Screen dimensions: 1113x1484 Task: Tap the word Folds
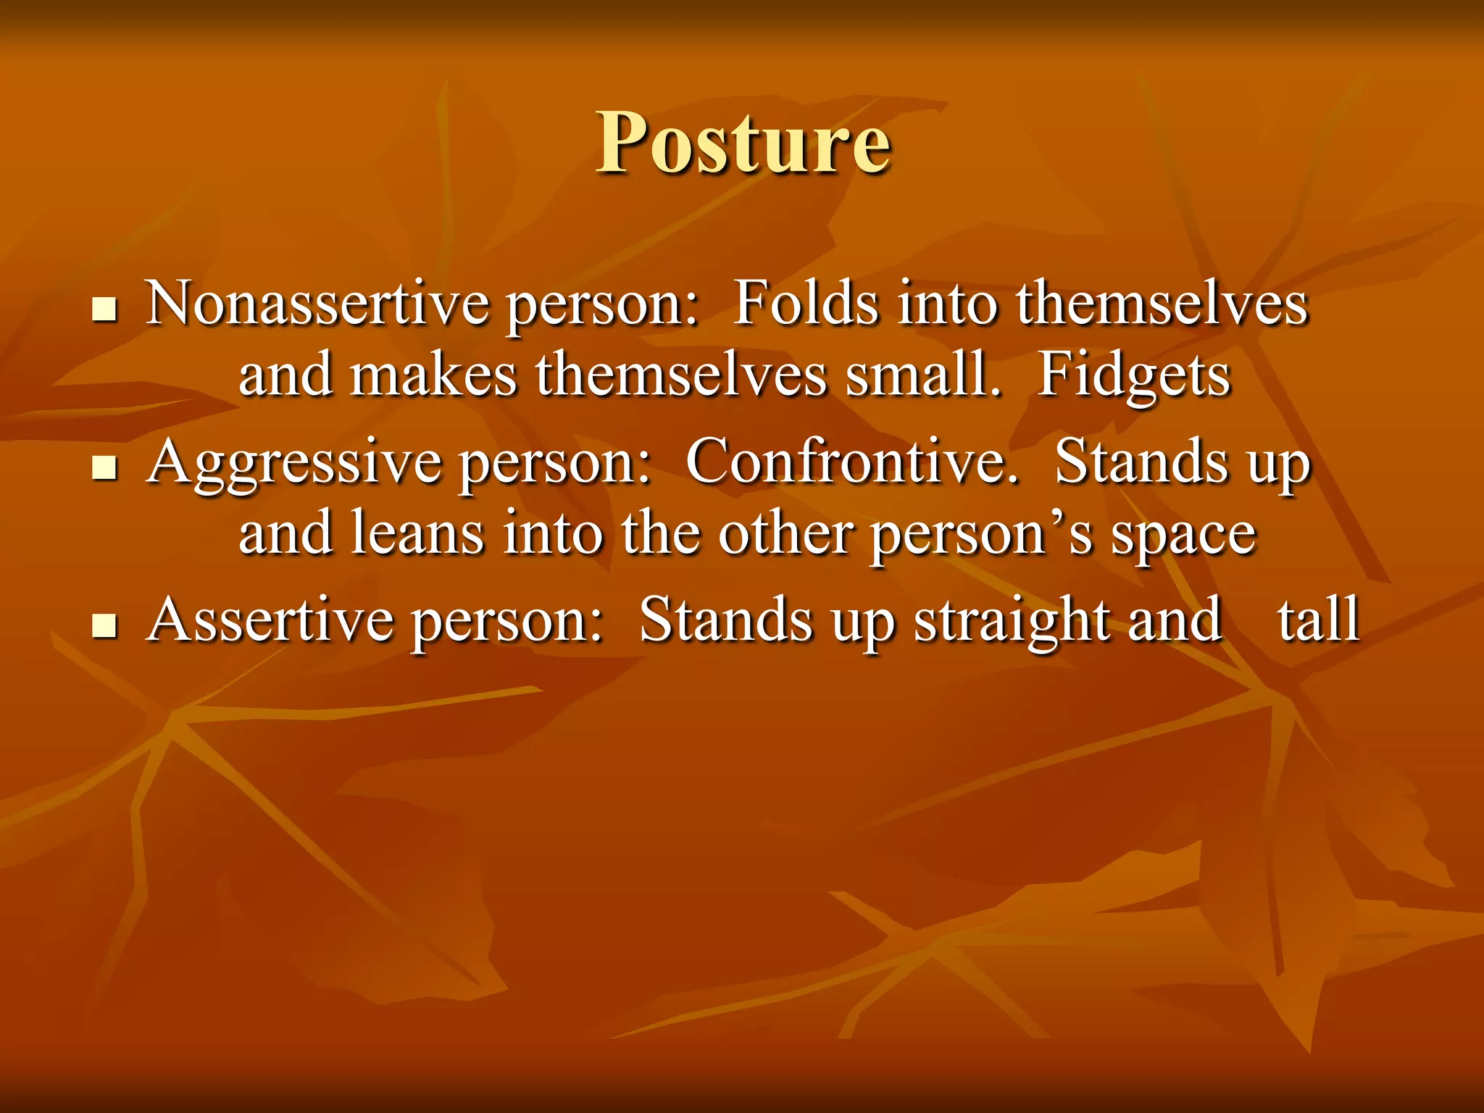point(805,304)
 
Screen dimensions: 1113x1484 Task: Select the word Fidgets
point(1133,377)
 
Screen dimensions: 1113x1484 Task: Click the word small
point(923,377)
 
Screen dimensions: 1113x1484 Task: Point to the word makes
point(433,377)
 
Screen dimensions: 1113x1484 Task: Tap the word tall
point(1318,620)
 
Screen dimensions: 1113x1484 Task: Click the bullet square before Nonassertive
point(105,310)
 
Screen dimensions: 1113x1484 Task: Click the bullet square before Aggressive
point(105,469)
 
